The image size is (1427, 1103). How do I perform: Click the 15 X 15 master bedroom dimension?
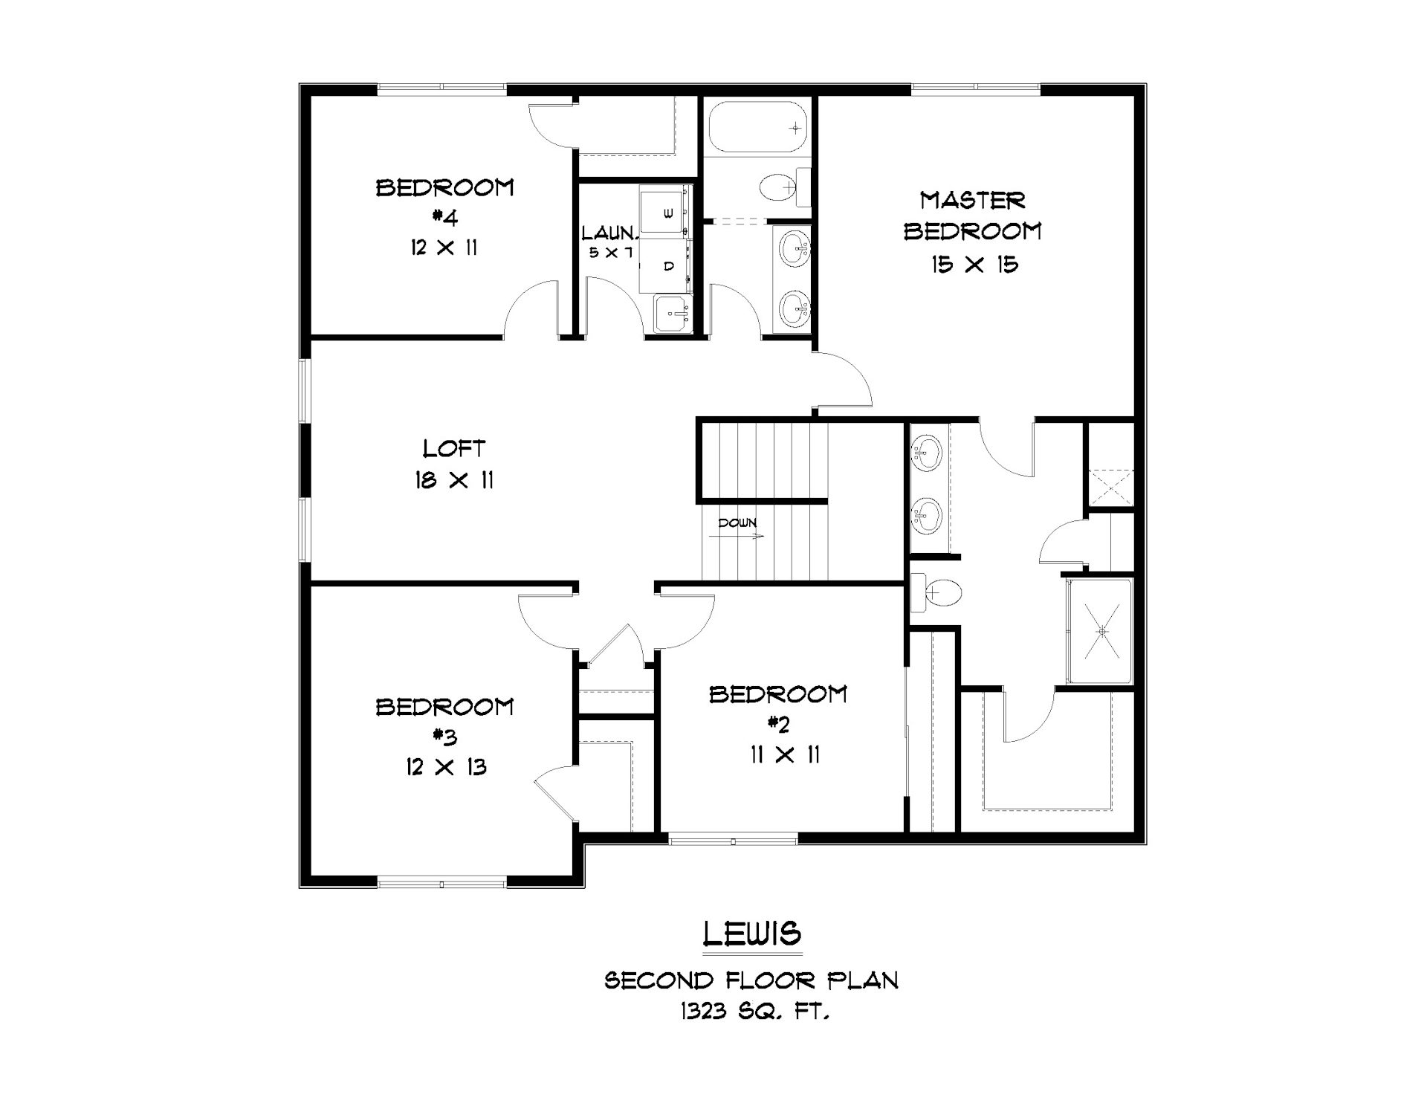(974, 264)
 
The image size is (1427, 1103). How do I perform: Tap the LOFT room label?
(454, 448)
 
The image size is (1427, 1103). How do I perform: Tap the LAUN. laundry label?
(608, 233)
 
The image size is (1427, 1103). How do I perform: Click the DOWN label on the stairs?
(737, 523)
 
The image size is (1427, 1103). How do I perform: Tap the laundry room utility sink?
(673, 314)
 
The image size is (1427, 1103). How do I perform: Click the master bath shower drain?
(1102, 632)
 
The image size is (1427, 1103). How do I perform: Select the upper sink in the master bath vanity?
(927, 453)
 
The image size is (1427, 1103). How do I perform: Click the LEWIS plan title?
(752, 934)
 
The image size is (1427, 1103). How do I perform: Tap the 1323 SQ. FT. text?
(752, 1012)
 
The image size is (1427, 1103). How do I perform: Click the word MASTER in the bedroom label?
(973, 200)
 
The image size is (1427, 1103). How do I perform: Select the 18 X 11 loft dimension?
(454, 480)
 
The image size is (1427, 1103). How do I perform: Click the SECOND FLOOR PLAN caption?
(752, 980)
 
